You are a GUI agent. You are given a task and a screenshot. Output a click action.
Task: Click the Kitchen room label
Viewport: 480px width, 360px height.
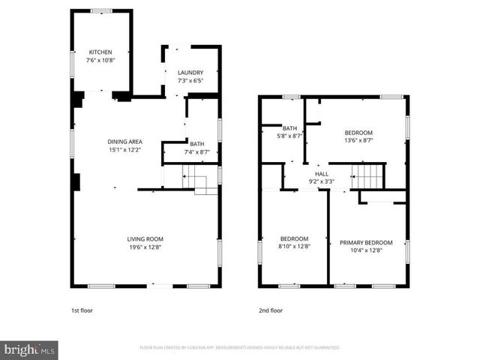[x=100, y=52]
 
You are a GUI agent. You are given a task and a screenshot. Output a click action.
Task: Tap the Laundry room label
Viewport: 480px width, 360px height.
[x=190, y=73]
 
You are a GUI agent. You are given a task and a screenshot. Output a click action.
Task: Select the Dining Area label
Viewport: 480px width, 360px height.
[x=124, y=141]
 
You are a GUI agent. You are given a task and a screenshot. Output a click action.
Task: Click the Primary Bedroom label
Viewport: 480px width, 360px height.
[x=366, y=242]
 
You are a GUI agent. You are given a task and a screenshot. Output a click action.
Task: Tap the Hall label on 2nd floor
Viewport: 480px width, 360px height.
[x=321, y=173]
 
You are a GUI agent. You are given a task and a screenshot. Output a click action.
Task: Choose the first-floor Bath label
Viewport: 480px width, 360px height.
[x=196, y=144]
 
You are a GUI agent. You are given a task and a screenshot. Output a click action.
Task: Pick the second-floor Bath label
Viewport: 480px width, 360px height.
[x=290, y=128]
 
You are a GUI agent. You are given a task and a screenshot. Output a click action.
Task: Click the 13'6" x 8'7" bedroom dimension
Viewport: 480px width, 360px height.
[x=358, y=140]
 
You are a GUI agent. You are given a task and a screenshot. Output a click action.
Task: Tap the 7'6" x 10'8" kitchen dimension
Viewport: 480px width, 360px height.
[x=100, y=60]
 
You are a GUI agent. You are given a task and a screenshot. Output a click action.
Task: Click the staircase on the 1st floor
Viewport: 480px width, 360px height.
[x=196, y=180]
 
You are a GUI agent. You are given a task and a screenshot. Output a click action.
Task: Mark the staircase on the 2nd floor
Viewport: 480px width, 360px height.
[x=367, y=177]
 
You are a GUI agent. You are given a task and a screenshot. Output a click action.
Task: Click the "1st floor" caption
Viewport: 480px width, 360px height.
[x=82, y=310]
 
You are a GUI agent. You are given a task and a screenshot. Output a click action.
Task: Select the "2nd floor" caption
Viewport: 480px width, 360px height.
[x=271, y=310]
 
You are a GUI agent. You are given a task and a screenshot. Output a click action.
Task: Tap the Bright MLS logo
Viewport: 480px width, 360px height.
[x=29, y=349]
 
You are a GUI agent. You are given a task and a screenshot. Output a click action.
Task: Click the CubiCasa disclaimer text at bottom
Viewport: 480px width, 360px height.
[x=240, y=348]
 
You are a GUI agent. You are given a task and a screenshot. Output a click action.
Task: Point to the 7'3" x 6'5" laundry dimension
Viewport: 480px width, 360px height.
[x=190, y=81]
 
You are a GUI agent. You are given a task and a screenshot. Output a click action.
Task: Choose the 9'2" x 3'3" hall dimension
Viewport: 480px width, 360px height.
[x=321, y=181]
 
